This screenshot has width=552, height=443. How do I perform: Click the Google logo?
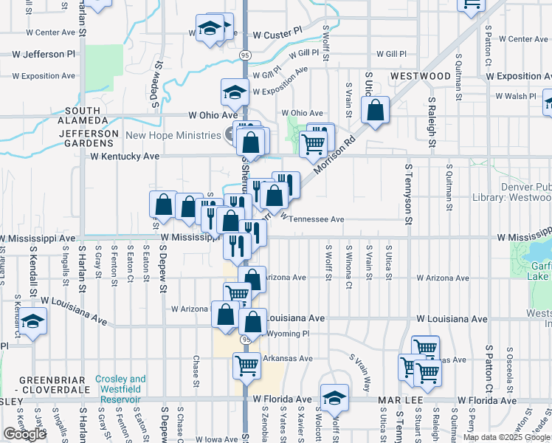tap(24, 433)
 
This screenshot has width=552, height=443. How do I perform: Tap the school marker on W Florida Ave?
tap(334, 396)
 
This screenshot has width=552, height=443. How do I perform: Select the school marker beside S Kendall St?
tap(32, 321)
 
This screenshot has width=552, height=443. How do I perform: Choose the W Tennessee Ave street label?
tap(312, 219)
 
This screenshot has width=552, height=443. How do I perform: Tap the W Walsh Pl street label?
tap(516, 96)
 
